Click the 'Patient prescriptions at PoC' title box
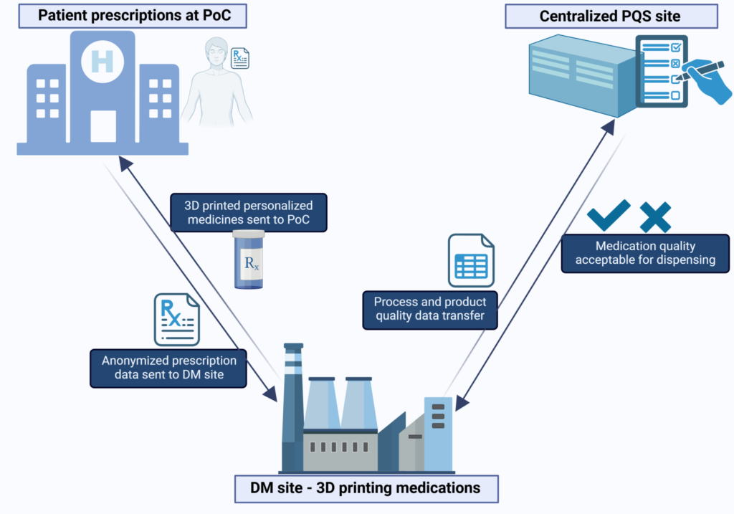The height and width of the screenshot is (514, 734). pyautogui.click(x=133, y=16)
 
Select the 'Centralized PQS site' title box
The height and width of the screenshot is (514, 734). pyautogui.click(x=611, y=16)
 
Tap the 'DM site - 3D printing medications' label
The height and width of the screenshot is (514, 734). pyautogui.click(x=366, y=489)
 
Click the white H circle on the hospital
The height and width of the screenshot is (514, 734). pyautogui.click(x=103, y=62)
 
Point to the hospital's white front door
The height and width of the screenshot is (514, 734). pyautogui.click(x=103, y=126)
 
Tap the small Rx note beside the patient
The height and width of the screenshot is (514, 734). pyautogui.click(x=239, y=58)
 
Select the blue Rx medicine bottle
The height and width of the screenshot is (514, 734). pyautogui.click(x=249, y=260)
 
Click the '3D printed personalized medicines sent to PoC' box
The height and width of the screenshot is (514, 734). pyautogui.click(x=249, y=212)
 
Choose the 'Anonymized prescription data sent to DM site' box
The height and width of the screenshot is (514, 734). pyautogui.click(x=168, y=368)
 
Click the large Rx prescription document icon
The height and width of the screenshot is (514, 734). pyautogui.click(x=177, y=320)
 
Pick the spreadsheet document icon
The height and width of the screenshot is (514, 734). pyautogui.click(x=471, y=261)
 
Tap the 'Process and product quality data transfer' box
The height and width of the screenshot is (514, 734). pyautogui.click(x=430, y=309)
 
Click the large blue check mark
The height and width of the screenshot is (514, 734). pyautogui.click(x=609, y=215)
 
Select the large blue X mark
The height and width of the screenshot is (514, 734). pyautogui.click(x=655, y=217)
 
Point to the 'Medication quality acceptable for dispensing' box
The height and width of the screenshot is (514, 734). pyautogui.click(x=645, y=253)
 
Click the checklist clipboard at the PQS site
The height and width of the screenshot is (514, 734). pyautogui.click(x=662, y=71)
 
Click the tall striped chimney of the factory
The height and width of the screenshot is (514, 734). pyautogui.click(x=293, y=407)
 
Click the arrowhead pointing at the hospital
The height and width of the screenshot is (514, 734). pyautogui.click(x=125, y=164)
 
